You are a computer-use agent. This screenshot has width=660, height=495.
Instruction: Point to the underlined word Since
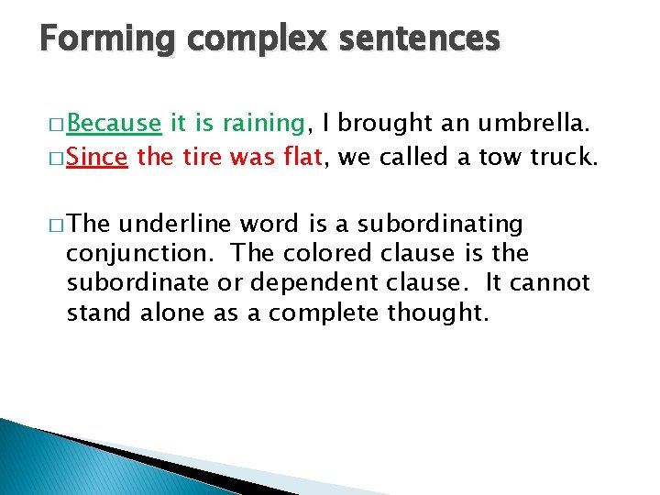(97, 157)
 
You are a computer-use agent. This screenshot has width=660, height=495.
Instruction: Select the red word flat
(299, 157)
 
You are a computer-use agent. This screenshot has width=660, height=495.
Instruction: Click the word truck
(564, 157)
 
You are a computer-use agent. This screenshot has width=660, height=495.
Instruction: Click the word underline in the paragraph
(177, 223)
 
